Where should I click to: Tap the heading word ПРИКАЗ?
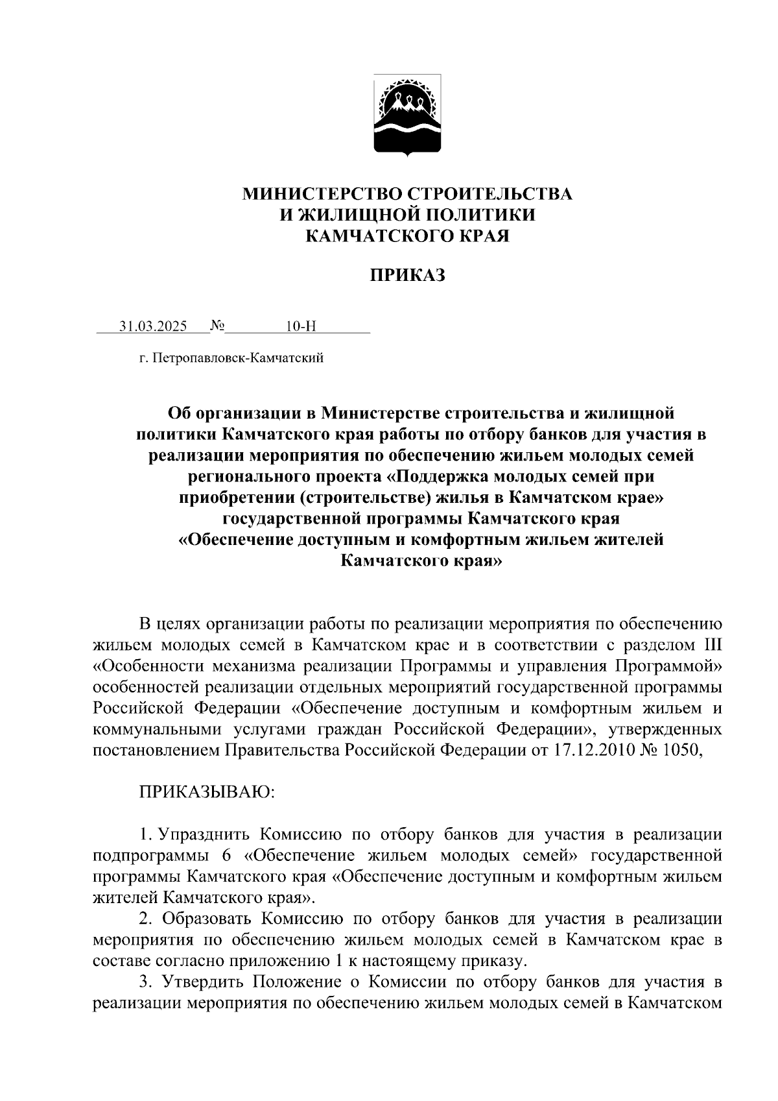(408, 276)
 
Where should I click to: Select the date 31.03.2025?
(152, 326)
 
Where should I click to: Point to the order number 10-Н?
(300, 326)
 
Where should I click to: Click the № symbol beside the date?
(217, 326)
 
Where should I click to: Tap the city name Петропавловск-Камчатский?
(238, 357)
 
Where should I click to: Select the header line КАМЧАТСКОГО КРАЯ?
(407, 236)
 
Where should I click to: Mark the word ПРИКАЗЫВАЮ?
(207, 792)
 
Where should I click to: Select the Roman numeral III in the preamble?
(713, 646)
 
